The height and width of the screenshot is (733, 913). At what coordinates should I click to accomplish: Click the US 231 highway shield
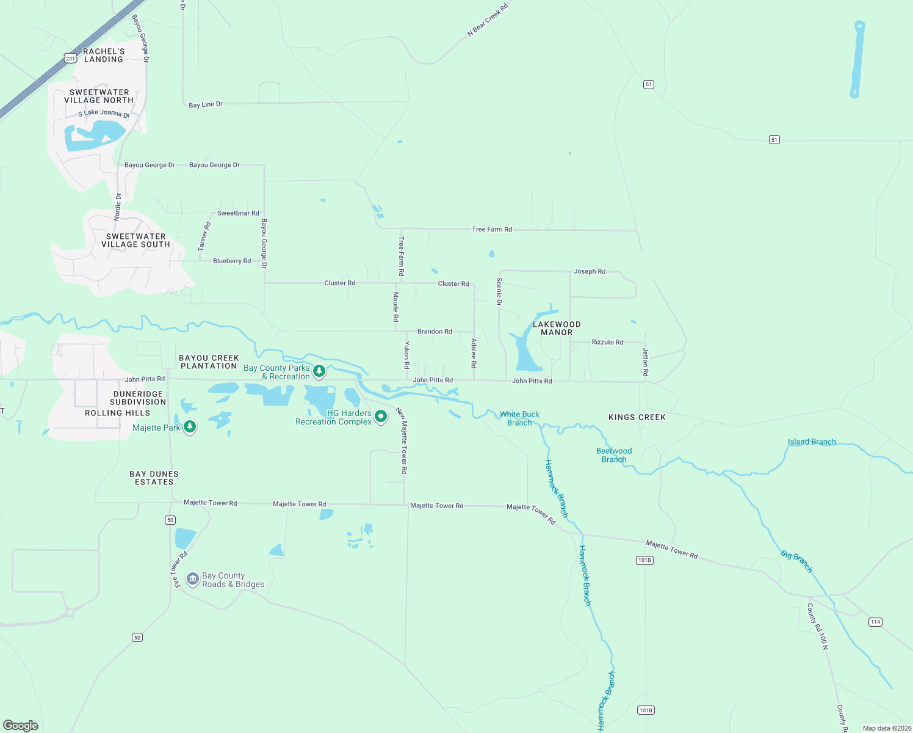pyautogui.click(x=70, y=59)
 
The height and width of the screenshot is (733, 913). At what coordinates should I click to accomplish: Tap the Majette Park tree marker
pyautogui.click(x=190, y=426)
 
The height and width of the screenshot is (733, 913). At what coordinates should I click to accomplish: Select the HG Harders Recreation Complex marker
pyautogui.click(x=381, y=417)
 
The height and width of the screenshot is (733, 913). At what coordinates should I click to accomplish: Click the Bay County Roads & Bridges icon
pyautogui.click(x=193, y=578)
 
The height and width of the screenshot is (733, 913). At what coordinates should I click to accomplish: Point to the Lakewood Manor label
pyautogui.click(x=557, y=329)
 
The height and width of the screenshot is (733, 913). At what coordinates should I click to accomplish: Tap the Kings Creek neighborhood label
pyautogui.click(x=637, y=417)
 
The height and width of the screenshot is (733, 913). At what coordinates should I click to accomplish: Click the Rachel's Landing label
pyautogui.click(x=104, y=56)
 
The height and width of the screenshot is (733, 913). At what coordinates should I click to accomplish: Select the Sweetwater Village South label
pyautogui.click(x=135, y=241)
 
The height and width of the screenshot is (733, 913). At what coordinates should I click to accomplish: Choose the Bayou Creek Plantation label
pyautogui.click(x=209, y=362)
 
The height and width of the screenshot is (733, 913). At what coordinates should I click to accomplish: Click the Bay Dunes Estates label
pyautogui.click(x=154, y=478)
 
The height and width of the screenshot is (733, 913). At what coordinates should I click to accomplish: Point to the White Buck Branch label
pyautogui.click(x=519, y=418)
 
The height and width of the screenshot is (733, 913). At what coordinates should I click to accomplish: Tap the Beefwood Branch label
pyautogui.click(x=614, y=455)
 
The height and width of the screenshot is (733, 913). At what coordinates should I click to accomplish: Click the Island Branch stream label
pyautogui.click(x=812, y=442)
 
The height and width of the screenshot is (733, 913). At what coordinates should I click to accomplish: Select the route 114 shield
pyautogui.click(x=875, y=622)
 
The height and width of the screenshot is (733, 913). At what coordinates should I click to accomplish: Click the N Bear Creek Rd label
pyautogui.click(x=488, y=20)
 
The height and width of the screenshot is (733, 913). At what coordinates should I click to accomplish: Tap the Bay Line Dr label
pyautogui.click(x=206, y=104)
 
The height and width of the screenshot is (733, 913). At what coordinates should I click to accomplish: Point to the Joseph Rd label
pyautogui.click(x=590, y=271)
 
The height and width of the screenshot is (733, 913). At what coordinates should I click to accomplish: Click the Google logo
pyautogui.click(x=21, y=726)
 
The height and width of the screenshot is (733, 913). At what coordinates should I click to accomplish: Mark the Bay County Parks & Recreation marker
pyautogui.click(x=319, y=371)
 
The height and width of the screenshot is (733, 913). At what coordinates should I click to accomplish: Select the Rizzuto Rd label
pyautogui.click(x=607, y=342)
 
